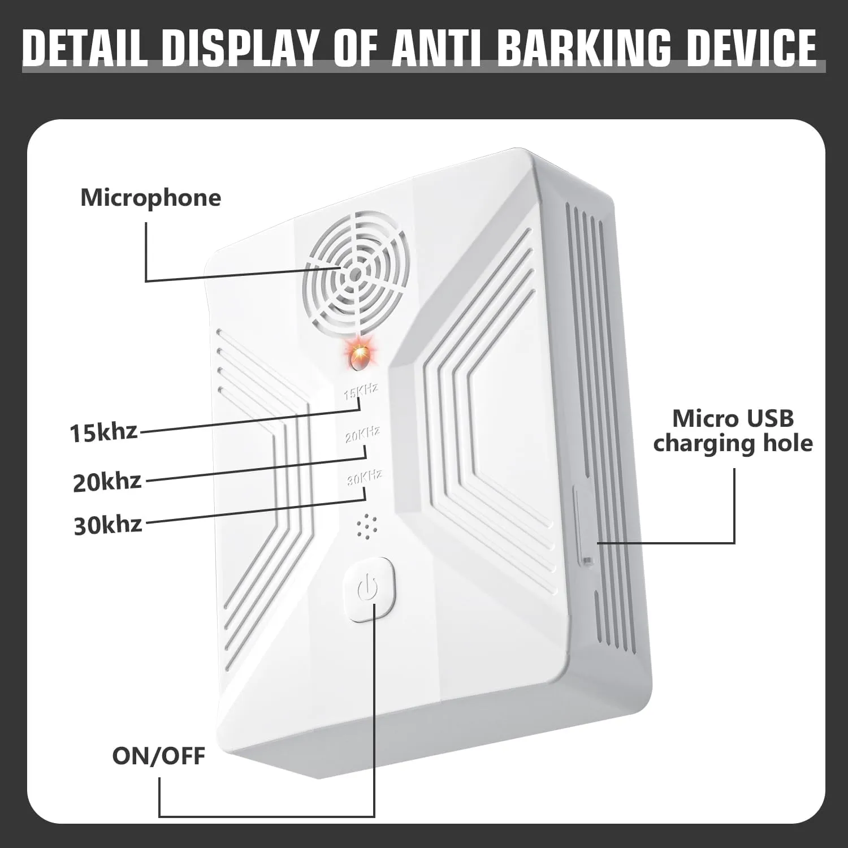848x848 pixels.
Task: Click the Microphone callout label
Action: tap(150, 198)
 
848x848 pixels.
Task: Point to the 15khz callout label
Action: tap(103, 432)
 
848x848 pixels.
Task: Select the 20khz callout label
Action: tap(107, 482)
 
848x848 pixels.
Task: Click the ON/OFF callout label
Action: tap(158, 756)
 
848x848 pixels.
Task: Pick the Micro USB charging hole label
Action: tap(733, 431)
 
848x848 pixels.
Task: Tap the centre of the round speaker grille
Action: tap(355, 275)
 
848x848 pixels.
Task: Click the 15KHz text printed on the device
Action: tap(361, 391)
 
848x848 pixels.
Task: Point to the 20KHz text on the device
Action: tap(362, 435)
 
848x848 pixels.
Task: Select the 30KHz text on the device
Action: tap(365, 478)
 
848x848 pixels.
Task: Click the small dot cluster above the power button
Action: tap(366, 527)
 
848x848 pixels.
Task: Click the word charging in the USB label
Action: tap(704, 443)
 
